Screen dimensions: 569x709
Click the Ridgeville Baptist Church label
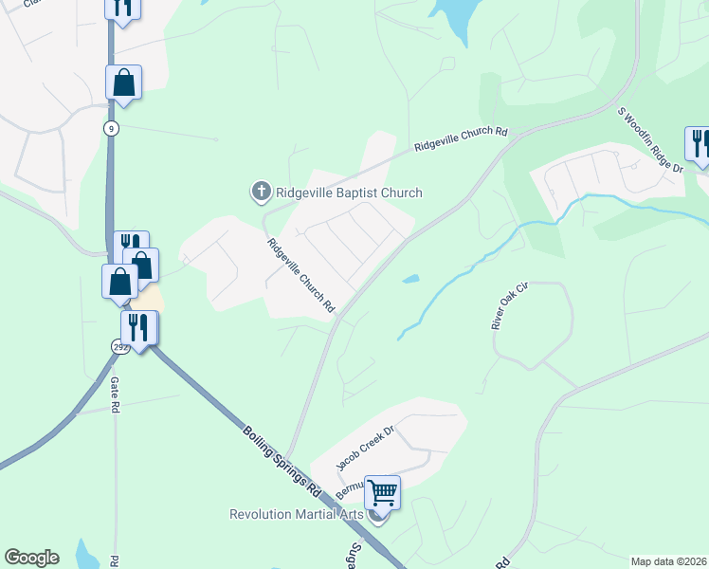(x=348, y=193)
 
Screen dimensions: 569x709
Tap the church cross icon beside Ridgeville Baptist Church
(x=261, y=193)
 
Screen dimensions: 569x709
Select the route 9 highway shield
(x=112, y=128)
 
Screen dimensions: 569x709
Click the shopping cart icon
(x=382, y=493)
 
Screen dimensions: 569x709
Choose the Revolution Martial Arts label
(x=298, y=514)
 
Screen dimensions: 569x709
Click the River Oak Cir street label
(x=508, y=305)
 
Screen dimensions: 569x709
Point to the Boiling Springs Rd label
(x=282, y=462)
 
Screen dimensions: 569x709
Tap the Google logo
(x=31, y=558)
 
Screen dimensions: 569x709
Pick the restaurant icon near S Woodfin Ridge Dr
(x=700, y=144)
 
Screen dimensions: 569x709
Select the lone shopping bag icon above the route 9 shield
(x=123, y=83)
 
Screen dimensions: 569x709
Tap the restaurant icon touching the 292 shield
(x=140, y=328)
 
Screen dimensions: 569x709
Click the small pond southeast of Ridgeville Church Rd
(x=410, y=279)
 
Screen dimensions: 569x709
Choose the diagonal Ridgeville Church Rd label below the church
(x=301, y=276)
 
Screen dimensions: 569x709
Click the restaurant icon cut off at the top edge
(x=122, y=7)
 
